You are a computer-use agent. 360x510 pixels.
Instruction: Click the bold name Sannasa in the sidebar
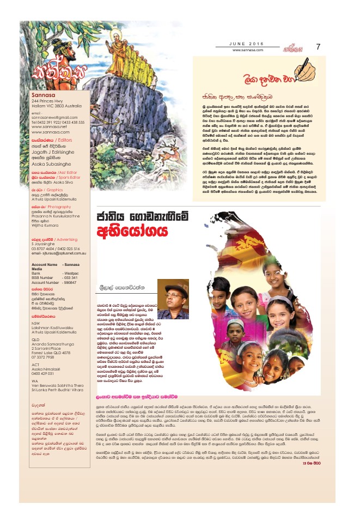(42, 96)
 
